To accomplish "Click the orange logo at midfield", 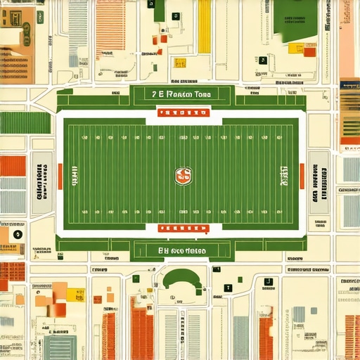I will click(183, 176).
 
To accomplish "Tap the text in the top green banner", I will click(181, 94).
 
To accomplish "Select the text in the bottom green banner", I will click(181, 250).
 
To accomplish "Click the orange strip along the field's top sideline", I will click(181, 112).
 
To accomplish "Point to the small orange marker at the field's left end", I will click(60, 176).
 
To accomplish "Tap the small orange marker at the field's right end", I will click(302, 176).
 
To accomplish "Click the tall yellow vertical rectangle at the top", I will click(204, 27).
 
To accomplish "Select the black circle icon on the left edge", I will click(18, 235).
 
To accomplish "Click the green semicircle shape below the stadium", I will click(182, 279).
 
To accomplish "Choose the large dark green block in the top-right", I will click(295, 14).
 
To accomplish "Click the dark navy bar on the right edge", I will click(349, 84).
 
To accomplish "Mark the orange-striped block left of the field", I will click(13, 166).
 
